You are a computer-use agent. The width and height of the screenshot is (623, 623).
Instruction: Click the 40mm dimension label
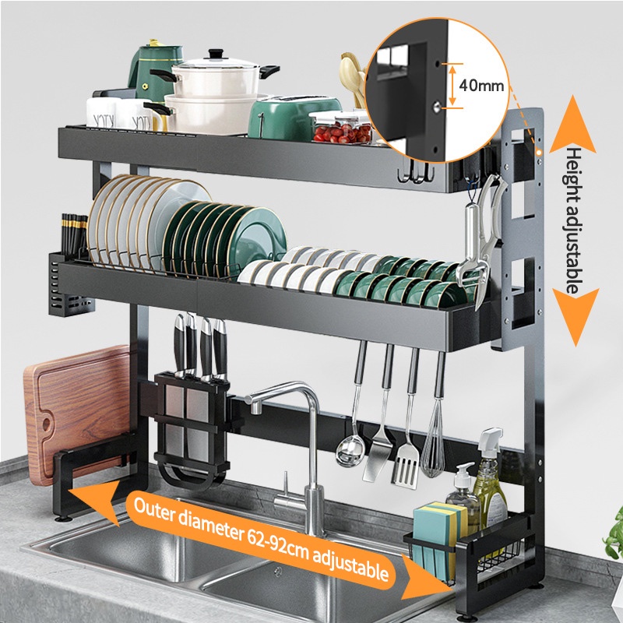click(480, 86)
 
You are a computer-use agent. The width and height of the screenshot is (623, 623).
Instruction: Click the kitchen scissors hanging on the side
click(477, 234)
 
